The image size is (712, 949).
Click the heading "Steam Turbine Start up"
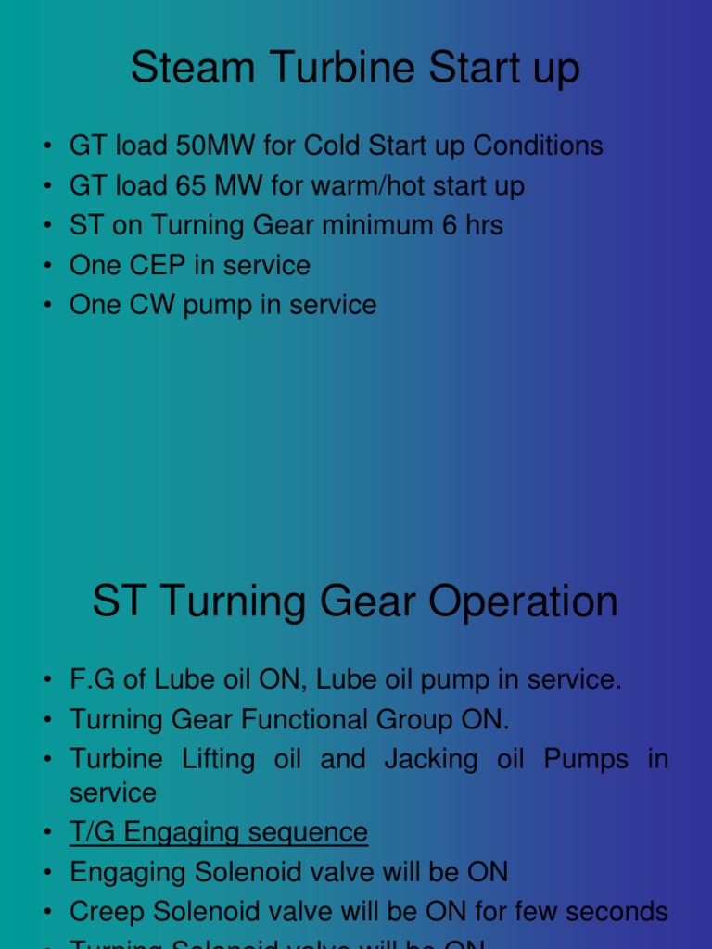tap(355, 69)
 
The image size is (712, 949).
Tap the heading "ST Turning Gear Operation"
tap(355, 601)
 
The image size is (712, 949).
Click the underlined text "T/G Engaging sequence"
tap(219, 832)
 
